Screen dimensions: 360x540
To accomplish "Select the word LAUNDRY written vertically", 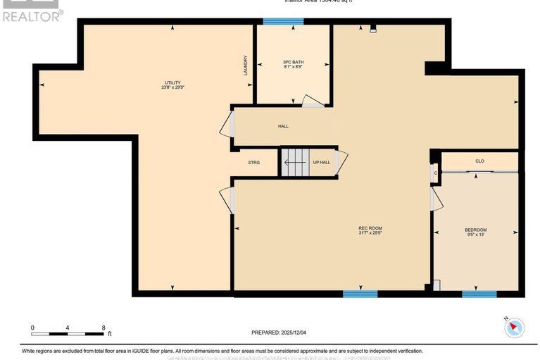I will (246, 66).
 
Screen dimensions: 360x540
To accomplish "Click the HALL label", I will (283, 126).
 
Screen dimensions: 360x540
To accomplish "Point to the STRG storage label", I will (253, 163).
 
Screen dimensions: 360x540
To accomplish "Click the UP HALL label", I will (321, 163).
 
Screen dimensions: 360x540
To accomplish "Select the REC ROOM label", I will (370, 228).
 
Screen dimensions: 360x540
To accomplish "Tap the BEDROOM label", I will (475, 230).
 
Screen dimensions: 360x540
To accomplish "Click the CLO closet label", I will (479, 161).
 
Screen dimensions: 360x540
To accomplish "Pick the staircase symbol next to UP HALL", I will (295, 163).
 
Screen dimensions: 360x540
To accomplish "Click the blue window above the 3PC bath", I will (283, 22).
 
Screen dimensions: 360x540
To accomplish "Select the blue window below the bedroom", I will (479, 294).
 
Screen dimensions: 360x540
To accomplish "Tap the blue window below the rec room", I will (360, 294).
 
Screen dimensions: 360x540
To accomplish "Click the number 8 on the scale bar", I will (103, 328).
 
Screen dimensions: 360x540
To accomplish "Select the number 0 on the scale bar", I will (32, 328).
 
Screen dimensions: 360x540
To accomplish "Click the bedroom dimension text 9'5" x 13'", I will (475, 236).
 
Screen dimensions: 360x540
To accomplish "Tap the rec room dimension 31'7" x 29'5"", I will (370, 233).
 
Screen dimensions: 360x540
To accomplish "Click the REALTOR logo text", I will (31, 15).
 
